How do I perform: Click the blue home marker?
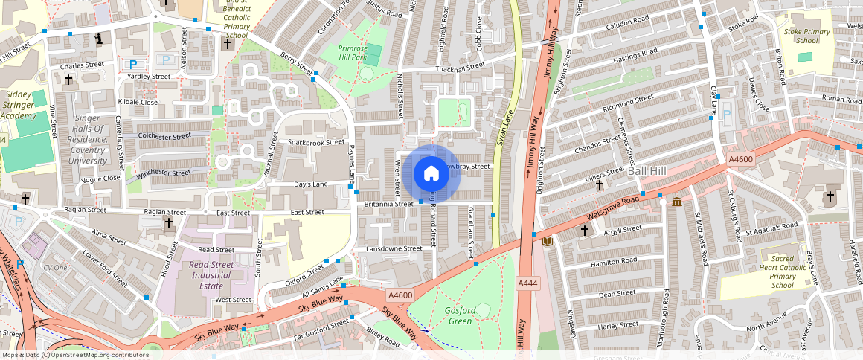pos(431,174)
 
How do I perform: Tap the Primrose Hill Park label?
pos(347,52)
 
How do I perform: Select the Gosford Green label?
pos(459,315)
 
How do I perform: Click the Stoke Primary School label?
pos(806,36)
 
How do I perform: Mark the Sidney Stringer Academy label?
pos(19,105)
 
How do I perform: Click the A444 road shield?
pos(527,283)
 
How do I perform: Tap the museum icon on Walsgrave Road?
pos(677,202)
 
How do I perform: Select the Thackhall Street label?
pos(461,66)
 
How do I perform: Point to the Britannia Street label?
pos(389,204)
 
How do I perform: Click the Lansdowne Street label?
pos(394,248)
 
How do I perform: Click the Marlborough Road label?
pos(667,313)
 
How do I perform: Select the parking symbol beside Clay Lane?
pos(728,115)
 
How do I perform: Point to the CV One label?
pos(55,267)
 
